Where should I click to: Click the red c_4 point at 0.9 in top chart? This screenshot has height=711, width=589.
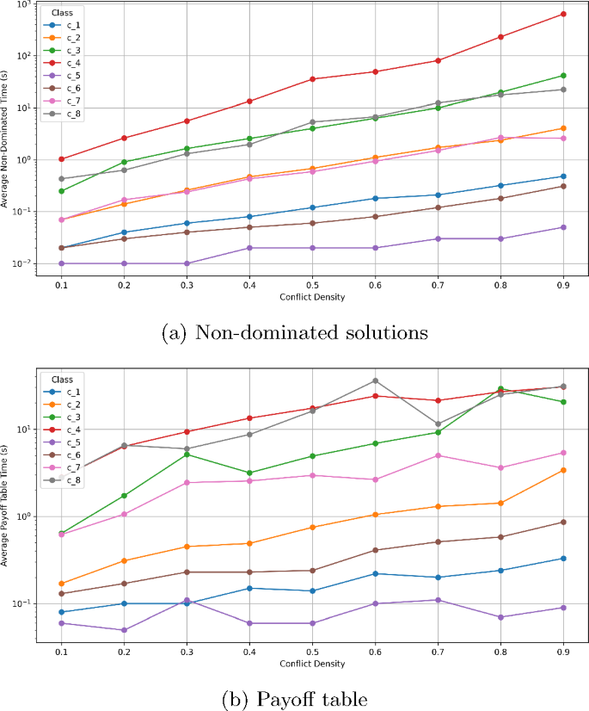click(563, 14)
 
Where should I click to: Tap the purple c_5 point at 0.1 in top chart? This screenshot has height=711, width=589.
click(61, 263)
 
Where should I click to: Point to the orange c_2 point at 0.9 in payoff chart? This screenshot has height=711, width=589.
click(563, 470)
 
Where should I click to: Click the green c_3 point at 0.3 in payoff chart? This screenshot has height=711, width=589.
click(187, 454)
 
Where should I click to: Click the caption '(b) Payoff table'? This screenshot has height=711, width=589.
click(295, 700)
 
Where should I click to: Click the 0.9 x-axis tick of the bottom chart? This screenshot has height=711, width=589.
click(563, 653)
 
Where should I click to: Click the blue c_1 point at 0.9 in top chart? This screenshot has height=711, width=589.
click(563, 176)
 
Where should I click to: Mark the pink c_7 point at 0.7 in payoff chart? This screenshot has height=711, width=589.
click(438, 455)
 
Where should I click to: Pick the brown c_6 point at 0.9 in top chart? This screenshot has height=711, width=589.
click(563, 186)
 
